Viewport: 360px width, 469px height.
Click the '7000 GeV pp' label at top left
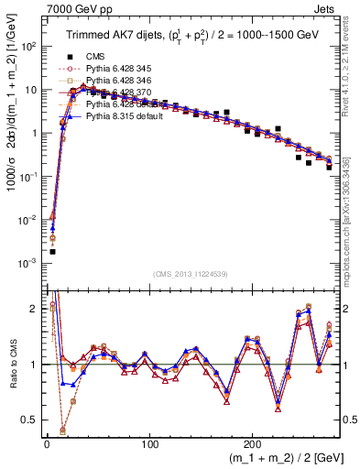(36, 8)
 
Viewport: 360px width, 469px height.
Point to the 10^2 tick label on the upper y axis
(29, 47)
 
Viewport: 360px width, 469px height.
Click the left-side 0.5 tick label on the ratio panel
(30, 420)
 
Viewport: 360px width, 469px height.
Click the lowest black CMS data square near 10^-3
(53, 251)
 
